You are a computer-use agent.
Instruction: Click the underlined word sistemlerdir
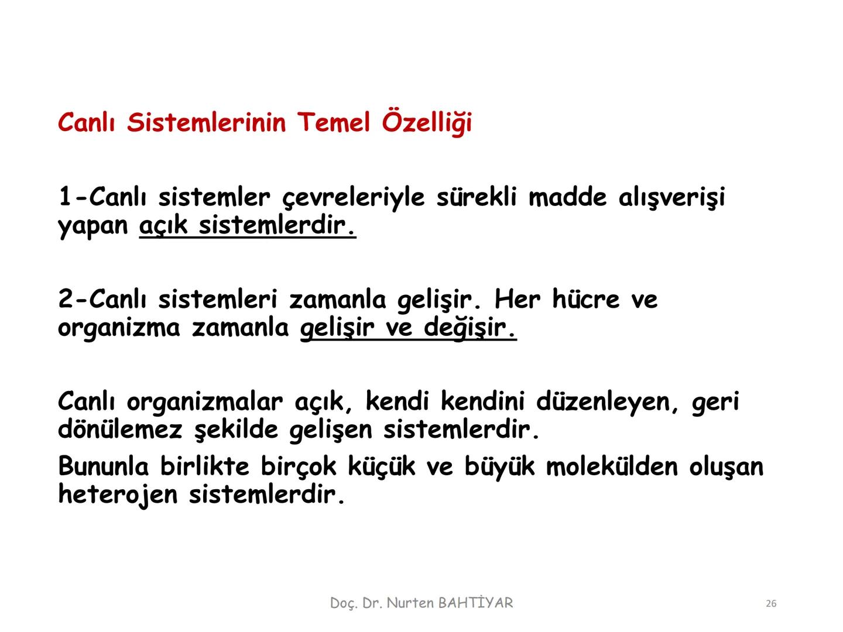tap(277, 225)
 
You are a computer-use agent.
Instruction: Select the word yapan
tap(93, 226)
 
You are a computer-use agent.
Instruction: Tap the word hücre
tap(585, 300)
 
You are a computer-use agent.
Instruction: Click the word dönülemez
tap(120, 430)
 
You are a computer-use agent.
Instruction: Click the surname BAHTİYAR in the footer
tap(475, 603)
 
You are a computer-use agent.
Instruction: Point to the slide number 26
tap(771, 603)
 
